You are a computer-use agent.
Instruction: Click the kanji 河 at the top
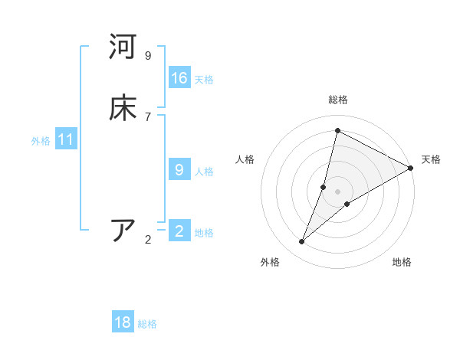(123, 47)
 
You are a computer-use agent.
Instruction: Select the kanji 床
(123, 108)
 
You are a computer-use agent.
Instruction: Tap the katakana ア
(123, 230)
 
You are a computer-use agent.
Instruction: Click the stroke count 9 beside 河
(148, 55)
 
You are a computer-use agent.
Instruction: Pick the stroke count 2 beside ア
(148, 239)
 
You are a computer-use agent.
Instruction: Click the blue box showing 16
(179, 77)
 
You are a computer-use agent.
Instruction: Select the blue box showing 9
(179, 169)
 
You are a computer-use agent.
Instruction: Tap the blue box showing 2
(179, 231)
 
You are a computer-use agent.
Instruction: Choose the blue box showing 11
(67, 139)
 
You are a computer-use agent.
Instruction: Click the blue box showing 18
(123, 322)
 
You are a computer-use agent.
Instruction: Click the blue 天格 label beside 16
(204, 79)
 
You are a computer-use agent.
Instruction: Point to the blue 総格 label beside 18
(147, 324)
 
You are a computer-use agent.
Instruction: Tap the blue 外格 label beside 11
(41, 141)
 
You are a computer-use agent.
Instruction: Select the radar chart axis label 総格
(338, 100)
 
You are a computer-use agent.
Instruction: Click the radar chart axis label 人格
(245, 159)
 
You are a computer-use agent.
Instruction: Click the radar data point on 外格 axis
(302, 242)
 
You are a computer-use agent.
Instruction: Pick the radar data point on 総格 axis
(337, 130)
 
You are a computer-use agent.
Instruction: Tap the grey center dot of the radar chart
(338, 191)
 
